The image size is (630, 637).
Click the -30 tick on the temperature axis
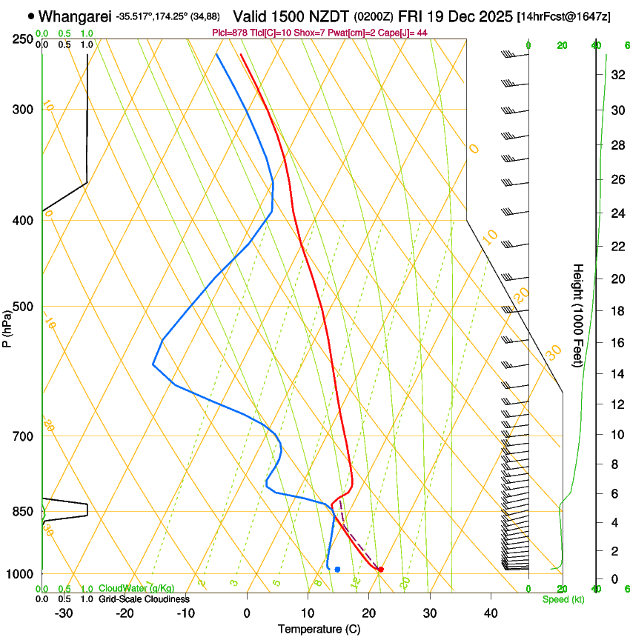pyautogui.click(x=64, y=613)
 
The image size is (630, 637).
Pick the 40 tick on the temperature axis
pyautogui.click(x=490, y=613)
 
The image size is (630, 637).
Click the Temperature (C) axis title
pyautogui.click(x=319, y=629)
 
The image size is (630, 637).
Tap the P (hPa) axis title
pyautogui.click(x=7, y=326)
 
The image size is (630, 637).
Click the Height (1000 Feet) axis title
pyautogui.click(x=579, y=316)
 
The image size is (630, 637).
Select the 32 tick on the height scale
pyautogui.click(x=614, y=75)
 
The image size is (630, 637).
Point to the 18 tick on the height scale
pyautogui.click(x=614, y=311)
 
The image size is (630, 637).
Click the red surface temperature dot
pyautogui.click(x=380, y=569)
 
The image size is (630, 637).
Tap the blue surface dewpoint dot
pyautogui.click(x=337, y=569)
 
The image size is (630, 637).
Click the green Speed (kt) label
pyautogui.click(x=563, y=599)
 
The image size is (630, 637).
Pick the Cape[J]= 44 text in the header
pyautogui.click(x=407, y=33)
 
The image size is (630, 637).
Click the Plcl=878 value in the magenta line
pyautogui.click(x=231, y=33)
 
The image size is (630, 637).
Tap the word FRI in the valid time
pyautogui.click(x=411, y=16)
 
